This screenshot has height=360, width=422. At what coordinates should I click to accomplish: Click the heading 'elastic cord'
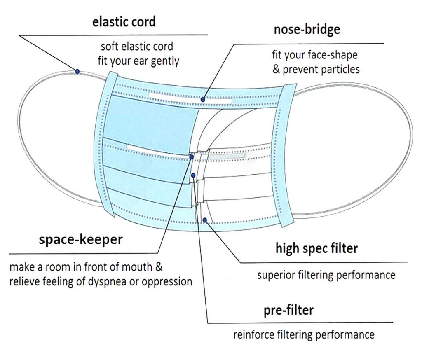(x=124, y=21)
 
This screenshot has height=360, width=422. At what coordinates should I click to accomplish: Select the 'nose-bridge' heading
(x=307, y=30)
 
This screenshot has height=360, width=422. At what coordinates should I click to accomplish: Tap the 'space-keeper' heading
(x=81, y=240)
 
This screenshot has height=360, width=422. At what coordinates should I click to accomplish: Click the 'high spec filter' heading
(x=316, y=248)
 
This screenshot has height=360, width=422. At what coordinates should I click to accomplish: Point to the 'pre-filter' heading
(x=288, y=310)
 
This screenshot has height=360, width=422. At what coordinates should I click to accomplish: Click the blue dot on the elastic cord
(x=77, y=71)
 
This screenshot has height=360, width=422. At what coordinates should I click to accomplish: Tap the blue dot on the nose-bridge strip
(x=203, y=99)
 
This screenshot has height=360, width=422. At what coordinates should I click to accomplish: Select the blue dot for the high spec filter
(x=205, y=220)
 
